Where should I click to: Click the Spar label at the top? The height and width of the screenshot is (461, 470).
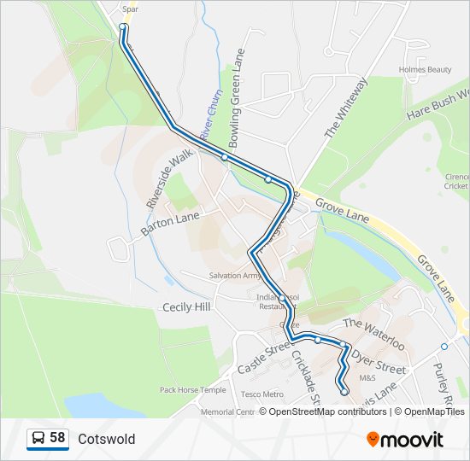[130, 9]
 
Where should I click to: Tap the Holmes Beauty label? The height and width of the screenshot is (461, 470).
[425, 69]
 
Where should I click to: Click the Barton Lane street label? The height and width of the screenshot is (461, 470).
[170, 224]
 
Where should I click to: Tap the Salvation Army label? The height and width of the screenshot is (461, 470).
[235, 276]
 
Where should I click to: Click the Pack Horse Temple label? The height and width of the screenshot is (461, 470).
[193, 390]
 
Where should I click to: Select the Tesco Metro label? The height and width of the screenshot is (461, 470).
[261, 394]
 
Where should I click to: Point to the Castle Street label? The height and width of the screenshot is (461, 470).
[264, 357]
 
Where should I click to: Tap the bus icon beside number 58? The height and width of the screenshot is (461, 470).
[38, 439]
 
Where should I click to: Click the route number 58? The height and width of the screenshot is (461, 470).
[57, 438]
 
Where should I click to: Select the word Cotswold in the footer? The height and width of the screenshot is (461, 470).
[106, 439]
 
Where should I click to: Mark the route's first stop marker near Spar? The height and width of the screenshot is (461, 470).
[123, 27]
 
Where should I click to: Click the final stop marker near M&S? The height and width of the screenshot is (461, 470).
[344, 392]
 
